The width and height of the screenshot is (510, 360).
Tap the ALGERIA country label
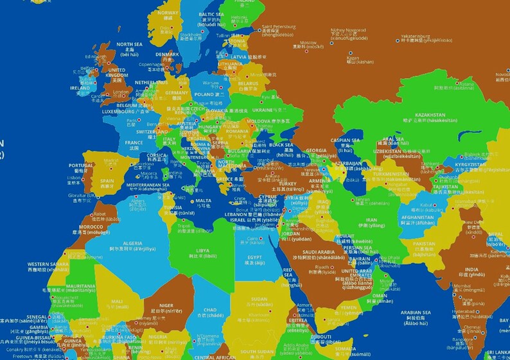132,243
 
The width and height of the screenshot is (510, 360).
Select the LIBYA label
202,250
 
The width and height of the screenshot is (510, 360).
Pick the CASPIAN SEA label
345,140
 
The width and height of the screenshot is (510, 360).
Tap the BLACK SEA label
281,145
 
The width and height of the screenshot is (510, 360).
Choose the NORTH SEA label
129,44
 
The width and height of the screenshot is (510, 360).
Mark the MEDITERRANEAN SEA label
148,185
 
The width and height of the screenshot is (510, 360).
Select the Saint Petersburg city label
278,28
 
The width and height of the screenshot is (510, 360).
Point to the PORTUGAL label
80,166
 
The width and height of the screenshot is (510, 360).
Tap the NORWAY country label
168,13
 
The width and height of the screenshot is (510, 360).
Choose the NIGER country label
166,305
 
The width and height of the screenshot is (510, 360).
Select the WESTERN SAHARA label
48,264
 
